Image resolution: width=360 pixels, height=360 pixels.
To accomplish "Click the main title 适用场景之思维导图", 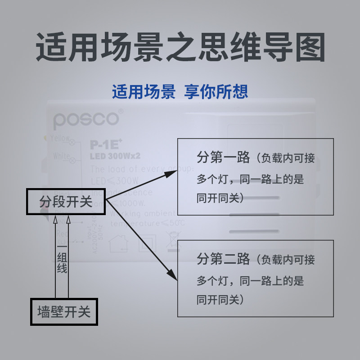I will [180, 47].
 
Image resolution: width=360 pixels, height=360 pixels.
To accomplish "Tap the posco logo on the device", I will [86, 119].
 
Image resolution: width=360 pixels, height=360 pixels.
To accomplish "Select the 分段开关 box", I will [66, 201].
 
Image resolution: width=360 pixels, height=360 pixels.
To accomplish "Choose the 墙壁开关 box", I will [63, 311].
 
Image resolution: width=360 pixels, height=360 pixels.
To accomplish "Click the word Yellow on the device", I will [61, 138].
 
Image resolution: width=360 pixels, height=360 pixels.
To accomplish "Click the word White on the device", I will [61, 157].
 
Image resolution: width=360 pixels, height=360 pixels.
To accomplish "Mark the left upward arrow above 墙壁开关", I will [55, 220].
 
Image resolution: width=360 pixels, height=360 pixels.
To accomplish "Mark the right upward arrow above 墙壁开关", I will [68, 220].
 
